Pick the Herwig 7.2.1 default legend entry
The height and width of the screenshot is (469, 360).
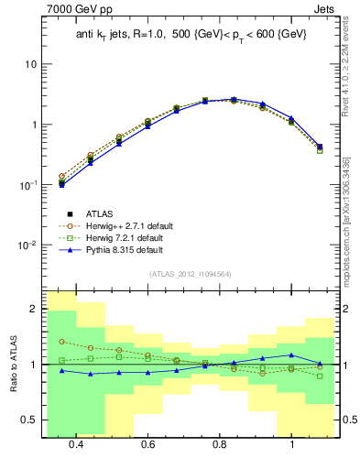[x=118, y=237]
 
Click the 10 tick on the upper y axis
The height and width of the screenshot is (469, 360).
[x=30, y=64]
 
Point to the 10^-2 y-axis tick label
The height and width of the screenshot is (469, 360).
[x=27, y=245]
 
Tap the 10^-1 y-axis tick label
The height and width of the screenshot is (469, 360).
[x=27, y=184]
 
